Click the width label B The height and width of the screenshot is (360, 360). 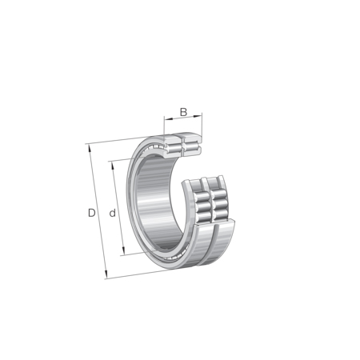(183, 112)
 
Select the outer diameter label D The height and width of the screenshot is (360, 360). (92, 213)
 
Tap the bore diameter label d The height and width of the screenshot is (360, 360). (113, 213)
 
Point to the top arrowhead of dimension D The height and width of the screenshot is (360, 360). (89, 147)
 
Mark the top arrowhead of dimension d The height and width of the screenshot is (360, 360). (112, 163)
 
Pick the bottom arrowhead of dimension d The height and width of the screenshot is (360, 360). (123, 254)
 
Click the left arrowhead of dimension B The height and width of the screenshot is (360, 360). (166, 120)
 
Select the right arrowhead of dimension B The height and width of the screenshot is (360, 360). (201, 120)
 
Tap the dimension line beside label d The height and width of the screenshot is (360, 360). (118, 210)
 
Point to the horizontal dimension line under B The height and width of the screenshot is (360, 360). (184, 120)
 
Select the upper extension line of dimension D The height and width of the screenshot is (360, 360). (112, 142)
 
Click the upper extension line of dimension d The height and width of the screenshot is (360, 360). (124, 158)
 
